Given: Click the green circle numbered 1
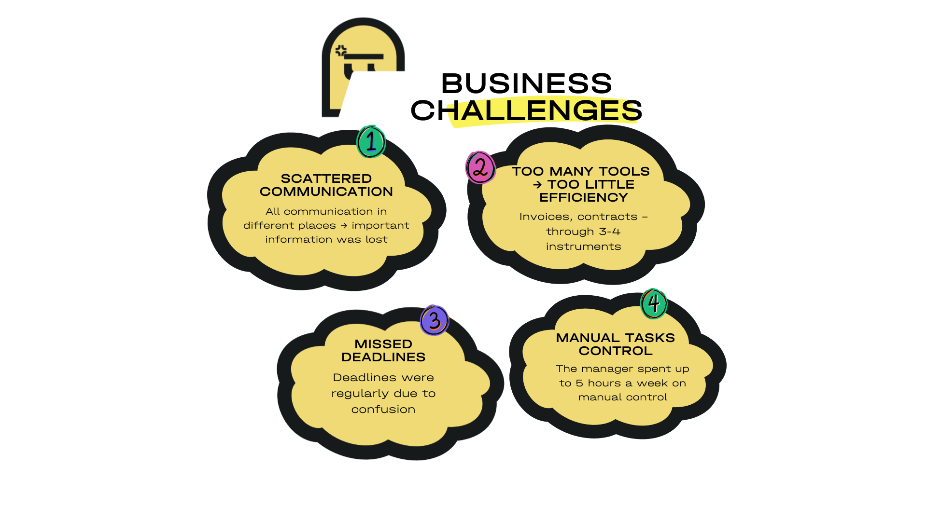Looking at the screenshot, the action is point(371,142).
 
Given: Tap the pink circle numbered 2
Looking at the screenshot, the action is point(480,168).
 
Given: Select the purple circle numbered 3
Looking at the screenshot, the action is point(435,320).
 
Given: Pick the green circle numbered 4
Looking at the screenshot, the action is point(654,304).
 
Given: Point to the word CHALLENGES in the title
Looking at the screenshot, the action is point(526,110).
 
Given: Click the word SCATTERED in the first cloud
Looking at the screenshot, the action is point(326,178).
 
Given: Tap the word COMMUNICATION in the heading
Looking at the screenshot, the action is point(326,192).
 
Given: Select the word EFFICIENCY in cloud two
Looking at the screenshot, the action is point(584,197).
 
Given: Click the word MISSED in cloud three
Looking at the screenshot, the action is point(383,344).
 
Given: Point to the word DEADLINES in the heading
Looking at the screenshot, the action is point(383,357).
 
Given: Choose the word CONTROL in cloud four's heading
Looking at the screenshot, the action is point(616,351).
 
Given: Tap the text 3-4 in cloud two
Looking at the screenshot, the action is point(610,232).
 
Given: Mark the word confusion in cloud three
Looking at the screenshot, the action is point(383,409).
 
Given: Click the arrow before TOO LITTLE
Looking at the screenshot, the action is point(537,185).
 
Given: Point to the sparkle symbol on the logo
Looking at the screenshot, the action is point(341,51).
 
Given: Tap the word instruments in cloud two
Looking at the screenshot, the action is point(584,247).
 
